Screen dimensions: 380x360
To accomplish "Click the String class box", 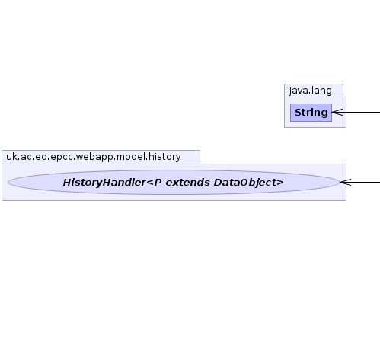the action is tap(311, 113).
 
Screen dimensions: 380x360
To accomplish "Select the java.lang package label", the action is tap(311, 91).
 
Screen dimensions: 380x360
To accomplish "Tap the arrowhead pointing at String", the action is tap(337, 112).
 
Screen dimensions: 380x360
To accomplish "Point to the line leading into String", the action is tap(356, 112).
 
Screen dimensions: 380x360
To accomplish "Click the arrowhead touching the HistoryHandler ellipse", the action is tap(346, 182).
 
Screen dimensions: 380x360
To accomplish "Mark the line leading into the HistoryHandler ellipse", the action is tap(360, 182).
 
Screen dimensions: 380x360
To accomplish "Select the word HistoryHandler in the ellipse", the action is tap(104, 183).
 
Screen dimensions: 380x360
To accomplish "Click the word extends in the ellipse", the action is tap(187, 183).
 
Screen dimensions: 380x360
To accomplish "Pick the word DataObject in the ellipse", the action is tap(245, 183).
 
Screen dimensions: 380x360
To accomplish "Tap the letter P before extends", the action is tap(158, 183).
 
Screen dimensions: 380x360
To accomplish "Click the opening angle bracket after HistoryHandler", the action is tap(150, 183).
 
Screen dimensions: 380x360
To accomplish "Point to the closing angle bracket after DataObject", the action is tap(280, 183).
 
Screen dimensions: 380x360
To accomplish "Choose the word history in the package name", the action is tap(164, 157).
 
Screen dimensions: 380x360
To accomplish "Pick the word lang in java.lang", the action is tap(321, 91).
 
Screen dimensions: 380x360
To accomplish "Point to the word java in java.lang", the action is tap(299, 91).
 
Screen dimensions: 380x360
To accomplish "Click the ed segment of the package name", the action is tap(40, 157).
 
